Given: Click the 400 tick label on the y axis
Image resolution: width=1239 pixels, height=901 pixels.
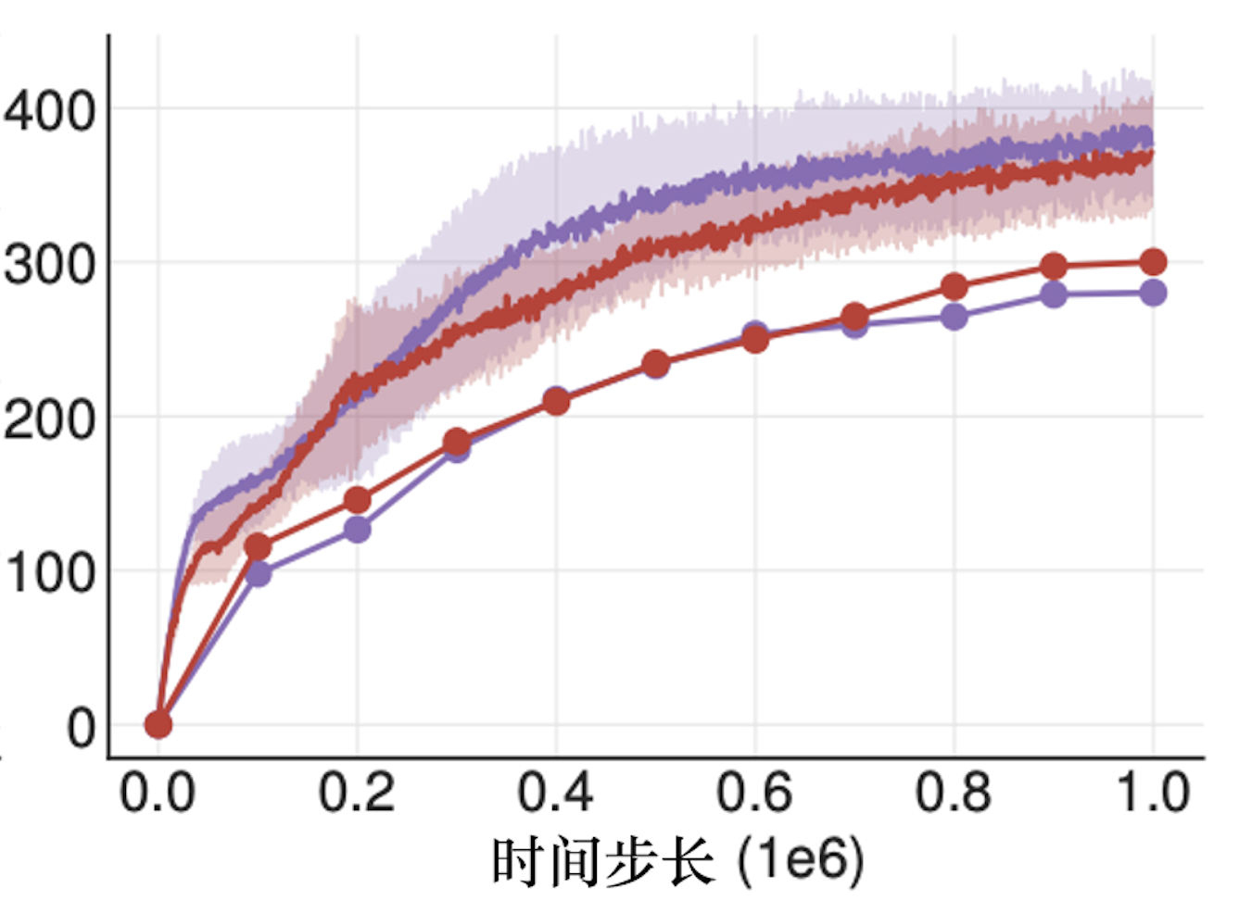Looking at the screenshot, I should (x=49, y=112).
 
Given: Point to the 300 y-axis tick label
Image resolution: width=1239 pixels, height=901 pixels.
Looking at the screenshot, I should (x=49, y=266).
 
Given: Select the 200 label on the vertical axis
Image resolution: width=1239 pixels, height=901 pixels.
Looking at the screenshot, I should (x=49, y=420).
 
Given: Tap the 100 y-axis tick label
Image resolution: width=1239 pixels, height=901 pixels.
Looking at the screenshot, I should (x=49, y=573).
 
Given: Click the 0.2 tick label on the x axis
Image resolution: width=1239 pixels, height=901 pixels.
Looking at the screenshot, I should (x=357, y=794).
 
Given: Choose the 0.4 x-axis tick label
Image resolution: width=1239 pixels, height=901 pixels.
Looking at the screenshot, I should (x=555, y=794).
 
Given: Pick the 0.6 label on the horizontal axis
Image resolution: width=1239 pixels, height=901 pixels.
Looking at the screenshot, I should (x=754, y=794).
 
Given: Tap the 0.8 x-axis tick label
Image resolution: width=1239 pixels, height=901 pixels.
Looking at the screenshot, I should (x=954, y=794).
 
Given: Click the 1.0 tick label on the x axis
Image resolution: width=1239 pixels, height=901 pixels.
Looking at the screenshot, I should (x=1153, y=794).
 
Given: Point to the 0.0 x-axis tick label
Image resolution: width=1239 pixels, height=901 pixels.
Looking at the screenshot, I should (x=158, y=794).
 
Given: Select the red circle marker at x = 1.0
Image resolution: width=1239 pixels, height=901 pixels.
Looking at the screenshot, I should (x=1153, y=262).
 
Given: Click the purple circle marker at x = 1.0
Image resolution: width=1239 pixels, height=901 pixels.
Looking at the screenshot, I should (x=1153, y=294).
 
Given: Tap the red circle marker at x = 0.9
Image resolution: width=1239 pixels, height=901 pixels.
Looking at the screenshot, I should (x=1054, y=267).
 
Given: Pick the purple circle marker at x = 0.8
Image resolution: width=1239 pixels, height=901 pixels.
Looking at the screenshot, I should (x=954, y=318).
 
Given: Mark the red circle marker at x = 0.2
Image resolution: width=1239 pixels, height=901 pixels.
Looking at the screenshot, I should (x=357, y=501).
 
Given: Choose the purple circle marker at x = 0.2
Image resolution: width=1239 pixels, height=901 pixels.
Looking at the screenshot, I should (x=357, y=530).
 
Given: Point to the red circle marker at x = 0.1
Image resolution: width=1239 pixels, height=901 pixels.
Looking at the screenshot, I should (x=258, y=546).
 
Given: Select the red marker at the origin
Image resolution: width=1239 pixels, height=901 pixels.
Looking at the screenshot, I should (x=158, y=724).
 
